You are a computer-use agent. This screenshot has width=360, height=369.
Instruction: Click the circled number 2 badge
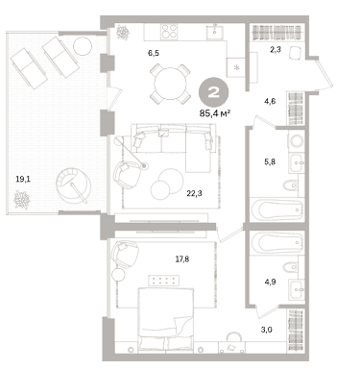pos(213,92)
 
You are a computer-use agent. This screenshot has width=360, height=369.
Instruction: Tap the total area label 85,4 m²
pos(215,113)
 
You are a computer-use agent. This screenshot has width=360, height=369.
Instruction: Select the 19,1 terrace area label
pos(23,179)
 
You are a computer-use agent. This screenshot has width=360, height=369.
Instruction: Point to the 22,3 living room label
pos(194,193)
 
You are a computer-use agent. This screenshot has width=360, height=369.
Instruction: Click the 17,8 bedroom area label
pos(182,258)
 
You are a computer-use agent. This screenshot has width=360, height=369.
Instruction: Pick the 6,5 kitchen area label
pos(154,53)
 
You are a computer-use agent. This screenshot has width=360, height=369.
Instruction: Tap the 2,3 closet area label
pos(276,49)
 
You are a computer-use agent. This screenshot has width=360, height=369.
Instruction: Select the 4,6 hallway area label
pos(270,102)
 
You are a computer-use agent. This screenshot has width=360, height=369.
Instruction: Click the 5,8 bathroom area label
pos(270,161)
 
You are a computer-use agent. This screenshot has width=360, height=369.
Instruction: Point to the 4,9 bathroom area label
pos(270,282)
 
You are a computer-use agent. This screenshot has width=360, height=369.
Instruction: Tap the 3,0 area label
pos(266,330)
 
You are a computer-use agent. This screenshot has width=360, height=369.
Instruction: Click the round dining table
pos(170,84)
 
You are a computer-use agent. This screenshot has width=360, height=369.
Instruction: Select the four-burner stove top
pos(169,32)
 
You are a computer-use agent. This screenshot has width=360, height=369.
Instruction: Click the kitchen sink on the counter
pos(215,32)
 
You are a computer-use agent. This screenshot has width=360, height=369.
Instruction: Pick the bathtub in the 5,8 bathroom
pos(276,209)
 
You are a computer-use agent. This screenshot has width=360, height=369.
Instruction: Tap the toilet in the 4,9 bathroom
pos(291,267)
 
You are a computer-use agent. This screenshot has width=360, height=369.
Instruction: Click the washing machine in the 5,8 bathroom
pos(297,140)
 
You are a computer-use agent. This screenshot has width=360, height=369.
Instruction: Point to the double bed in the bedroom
pos(166,319)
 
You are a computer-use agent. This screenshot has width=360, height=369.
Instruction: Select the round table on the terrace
pos(83,46)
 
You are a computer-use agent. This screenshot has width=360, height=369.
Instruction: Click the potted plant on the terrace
pos(22,200)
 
